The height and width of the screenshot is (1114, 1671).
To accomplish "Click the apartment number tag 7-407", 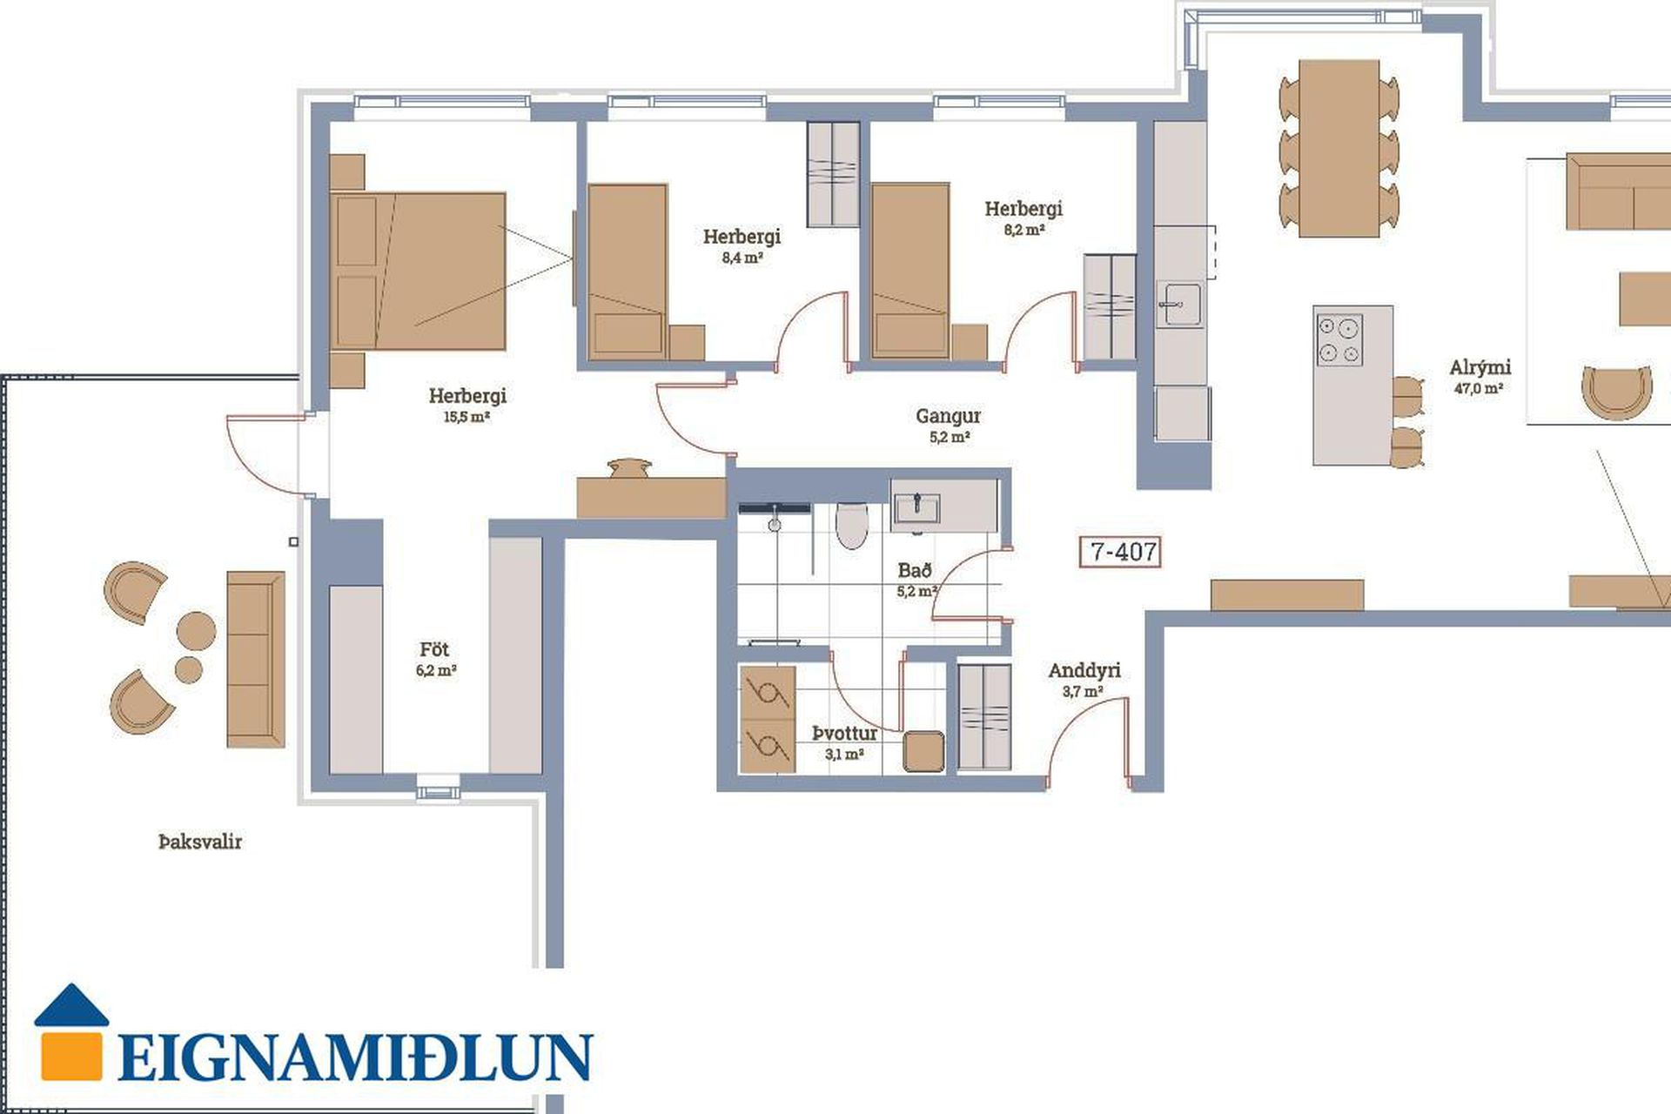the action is (1120, 551).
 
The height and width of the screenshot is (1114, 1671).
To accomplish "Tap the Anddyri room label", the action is (1084, 670).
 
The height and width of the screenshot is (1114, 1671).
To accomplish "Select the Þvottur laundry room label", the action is (844, 734).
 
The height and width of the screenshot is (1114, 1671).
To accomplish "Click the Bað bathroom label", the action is (915, 570).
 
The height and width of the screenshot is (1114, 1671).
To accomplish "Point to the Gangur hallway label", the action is (948, 416).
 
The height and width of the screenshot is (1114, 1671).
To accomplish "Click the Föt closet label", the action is (434, 649).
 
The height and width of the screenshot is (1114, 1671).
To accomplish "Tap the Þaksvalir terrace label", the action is (200, 842).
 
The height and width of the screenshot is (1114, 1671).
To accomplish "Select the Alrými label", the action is (1480, 367).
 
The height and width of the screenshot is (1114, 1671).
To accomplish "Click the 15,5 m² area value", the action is (466, 417).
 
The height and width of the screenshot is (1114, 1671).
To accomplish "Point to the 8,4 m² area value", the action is (742, 258).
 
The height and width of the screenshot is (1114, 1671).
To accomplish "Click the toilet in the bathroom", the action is (851, 525).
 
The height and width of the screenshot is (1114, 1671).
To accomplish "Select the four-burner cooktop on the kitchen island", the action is (1339, 339).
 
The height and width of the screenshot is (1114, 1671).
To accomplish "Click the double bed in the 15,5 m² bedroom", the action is (418, 271).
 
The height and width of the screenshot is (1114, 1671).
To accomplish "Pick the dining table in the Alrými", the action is (1339, 148).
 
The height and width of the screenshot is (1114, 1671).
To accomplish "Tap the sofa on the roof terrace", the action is (256, 659).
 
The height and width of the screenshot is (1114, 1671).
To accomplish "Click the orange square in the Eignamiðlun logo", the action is (70, 1055).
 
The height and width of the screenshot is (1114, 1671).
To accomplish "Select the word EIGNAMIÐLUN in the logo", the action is (355, 1057).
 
